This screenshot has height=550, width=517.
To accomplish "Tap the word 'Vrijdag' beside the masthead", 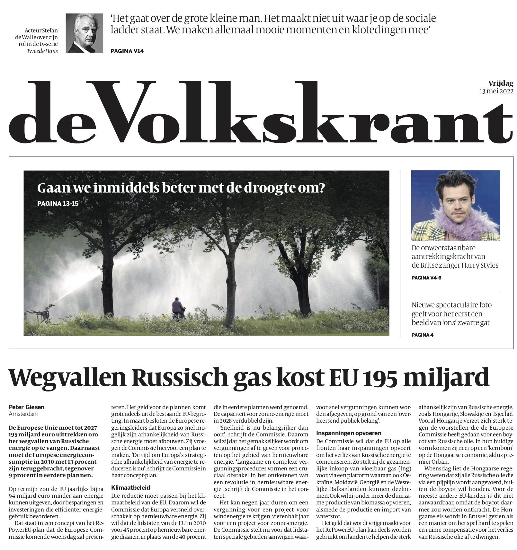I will (501, 83).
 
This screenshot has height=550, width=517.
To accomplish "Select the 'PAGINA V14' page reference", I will (127, 51).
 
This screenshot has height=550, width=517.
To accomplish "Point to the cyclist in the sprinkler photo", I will (178, 308).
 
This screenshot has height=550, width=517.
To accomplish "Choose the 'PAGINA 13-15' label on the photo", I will (58, 203).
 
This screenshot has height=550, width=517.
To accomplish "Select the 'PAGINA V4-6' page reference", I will (426, 278).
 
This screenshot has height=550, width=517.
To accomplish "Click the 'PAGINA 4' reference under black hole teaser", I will (422, 335).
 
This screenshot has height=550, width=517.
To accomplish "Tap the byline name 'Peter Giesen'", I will (27, 407).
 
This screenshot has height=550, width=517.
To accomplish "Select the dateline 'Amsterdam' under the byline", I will (23, 414).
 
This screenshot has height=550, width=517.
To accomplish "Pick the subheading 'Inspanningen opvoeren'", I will (349, 433).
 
